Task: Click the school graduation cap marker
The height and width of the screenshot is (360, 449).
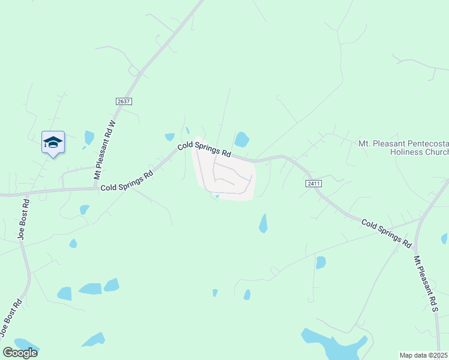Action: click(53, 142)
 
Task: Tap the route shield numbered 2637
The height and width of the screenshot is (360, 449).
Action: click(124, 101)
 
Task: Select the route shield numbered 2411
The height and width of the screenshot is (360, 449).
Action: click(313, 183)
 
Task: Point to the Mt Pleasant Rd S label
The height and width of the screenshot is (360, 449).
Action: click(427, 284)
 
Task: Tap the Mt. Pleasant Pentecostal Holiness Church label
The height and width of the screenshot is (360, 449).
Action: click(403, 148)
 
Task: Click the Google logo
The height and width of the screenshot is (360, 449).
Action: click(20, 352)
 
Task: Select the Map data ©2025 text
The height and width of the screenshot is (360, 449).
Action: click(424, 355)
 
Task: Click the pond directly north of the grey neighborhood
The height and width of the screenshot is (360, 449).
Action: click(241, 140)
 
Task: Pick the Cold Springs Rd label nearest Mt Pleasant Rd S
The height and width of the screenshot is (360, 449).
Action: click(386, 234)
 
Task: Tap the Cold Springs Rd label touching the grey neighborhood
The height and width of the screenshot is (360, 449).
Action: click(204, 149)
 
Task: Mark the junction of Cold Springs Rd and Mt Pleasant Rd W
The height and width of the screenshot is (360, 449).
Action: click(97, 187)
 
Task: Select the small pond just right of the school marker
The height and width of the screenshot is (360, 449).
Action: click(89, 137)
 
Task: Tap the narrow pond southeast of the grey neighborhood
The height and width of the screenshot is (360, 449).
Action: click(263, 223)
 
